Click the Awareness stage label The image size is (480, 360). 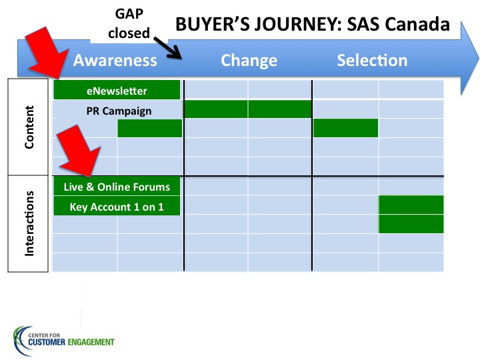115,60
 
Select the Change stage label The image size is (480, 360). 249,61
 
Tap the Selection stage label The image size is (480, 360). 372,60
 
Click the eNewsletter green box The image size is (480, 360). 117,90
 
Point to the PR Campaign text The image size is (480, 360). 119,111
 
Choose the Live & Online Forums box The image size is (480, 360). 117,186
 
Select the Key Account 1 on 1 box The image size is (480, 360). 117,206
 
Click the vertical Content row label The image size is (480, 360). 29,127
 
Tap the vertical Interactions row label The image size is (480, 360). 29,223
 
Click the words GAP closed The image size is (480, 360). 129,23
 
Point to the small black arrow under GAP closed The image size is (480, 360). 168,48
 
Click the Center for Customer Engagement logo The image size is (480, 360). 63,341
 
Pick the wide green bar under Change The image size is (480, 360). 247,109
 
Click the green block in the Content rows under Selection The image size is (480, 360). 345,128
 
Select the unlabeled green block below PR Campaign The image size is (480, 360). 150,128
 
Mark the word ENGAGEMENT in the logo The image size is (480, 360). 91,342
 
